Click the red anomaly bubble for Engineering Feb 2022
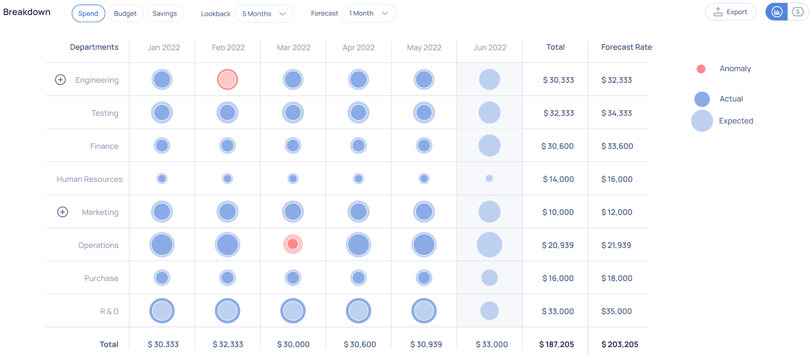[x=228, y=80]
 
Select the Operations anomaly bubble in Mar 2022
[x=293, y=244]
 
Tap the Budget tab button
[x=125, y=14]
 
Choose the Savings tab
[x=165, y=14]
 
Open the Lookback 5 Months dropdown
[x=264, y=14]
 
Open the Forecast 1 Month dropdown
[x=368, y=14]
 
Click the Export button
[x=730, y=12]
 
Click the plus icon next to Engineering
[x=60, y=80]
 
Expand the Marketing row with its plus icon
[x=62, y=212]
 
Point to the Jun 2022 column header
[x=490, y=48]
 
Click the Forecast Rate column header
[x=626, y=47]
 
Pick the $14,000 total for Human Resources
[x=558, y=179]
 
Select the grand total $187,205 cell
[x=557, y=344]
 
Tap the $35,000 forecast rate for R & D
[x=616, y=311]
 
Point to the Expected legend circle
[x=702, y=121]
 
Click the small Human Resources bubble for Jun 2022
[x=489, y=178]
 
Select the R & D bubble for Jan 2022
[x=162, y=311]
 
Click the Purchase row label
[x=101, y=278]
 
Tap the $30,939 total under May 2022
[x=426, y=344]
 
